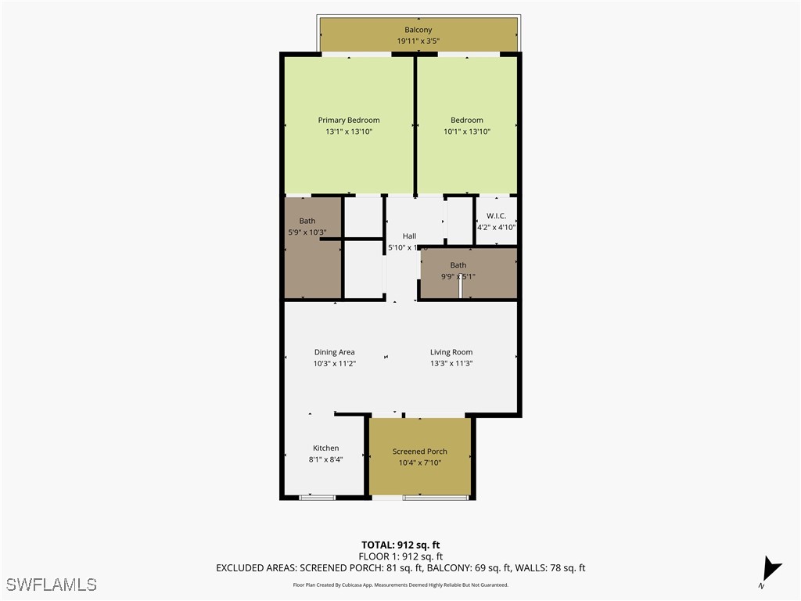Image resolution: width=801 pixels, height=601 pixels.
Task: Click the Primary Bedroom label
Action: tap(348, 120)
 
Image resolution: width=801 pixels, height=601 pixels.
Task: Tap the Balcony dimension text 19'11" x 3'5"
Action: tap(418, 41)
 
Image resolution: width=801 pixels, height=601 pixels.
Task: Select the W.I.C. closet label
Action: tap(496, 216)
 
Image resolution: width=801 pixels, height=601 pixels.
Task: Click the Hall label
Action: tap(409, 236)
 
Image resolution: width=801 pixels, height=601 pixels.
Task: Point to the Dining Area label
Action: tap(334, 352)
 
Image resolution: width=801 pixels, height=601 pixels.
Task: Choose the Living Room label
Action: tap(451, 352)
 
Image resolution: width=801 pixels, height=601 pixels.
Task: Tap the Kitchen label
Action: tap(325, 448)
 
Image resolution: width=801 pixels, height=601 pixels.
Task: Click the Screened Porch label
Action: tap(419, 452)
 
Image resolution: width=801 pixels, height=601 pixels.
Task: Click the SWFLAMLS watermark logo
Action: tap(52, 584)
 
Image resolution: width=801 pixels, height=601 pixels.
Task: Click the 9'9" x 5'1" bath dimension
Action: tap(458, 276)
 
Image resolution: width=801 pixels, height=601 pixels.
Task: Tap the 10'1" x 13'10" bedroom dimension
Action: tap(467, 131)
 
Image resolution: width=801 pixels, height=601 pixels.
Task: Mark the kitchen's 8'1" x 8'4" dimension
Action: tap(325, 459)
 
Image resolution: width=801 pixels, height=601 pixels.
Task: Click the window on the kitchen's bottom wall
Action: tap(318, 496)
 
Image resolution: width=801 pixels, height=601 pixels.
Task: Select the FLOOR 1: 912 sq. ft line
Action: tap(400, 556)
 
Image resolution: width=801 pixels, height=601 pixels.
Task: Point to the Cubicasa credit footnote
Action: tap(400, 585)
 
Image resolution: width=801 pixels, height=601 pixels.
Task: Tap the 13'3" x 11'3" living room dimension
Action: tap(451, 363)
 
